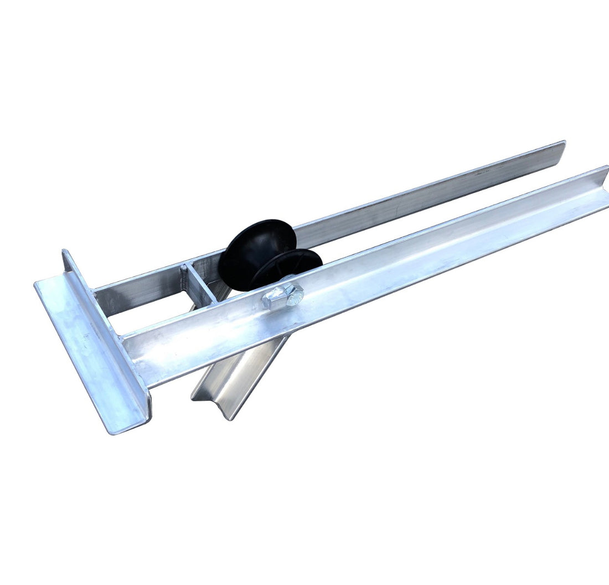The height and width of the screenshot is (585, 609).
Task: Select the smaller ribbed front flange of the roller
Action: point(293,266)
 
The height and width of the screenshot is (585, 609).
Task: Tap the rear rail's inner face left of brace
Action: point(138,291)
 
